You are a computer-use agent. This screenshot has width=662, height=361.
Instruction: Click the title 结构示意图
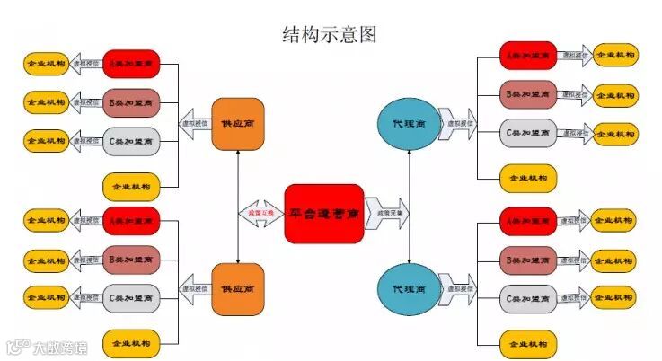(330, 34)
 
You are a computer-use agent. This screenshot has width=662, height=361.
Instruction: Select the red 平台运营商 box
(324, 214)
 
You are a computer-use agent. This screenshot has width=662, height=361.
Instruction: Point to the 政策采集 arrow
(386, 214)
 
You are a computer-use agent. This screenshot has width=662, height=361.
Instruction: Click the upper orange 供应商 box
(237, 123)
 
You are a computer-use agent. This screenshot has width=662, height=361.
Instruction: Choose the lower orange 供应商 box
(237, 289)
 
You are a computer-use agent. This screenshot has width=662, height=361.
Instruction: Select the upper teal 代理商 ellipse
(410, 123)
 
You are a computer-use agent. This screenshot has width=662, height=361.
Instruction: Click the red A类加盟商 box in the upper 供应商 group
(131, 65)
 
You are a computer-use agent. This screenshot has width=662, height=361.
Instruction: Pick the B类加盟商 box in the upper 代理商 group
(528, 94)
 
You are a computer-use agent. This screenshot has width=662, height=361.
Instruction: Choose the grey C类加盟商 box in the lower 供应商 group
(131, 297)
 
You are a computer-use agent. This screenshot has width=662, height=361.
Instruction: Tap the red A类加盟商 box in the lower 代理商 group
(528, 221)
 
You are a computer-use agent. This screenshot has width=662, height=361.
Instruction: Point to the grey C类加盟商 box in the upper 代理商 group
(528, 134)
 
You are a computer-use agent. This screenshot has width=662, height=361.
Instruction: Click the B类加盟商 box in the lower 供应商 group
(131, 260)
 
